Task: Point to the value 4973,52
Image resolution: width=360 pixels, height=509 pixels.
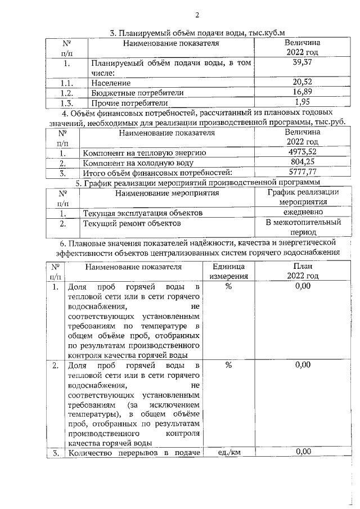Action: pos(302,152)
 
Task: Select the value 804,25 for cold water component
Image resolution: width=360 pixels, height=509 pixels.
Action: pos(302,163)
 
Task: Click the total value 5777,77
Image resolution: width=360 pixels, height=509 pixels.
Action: pos(302,173)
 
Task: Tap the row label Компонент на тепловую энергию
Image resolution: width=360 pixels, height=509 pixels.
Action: pos(144,153)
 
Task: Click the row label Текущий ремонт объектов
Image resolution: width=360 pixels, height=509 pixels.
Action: pos(132,223)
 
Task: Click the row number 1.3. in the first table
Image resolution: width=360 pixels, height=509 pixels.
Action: pos(67,103)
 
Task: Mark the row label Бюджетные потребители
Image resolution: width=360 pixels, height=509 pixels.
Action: pos(137,93)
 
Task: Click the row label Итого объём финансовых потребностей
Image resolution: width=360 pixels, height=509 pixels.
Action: pos(157,173)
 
